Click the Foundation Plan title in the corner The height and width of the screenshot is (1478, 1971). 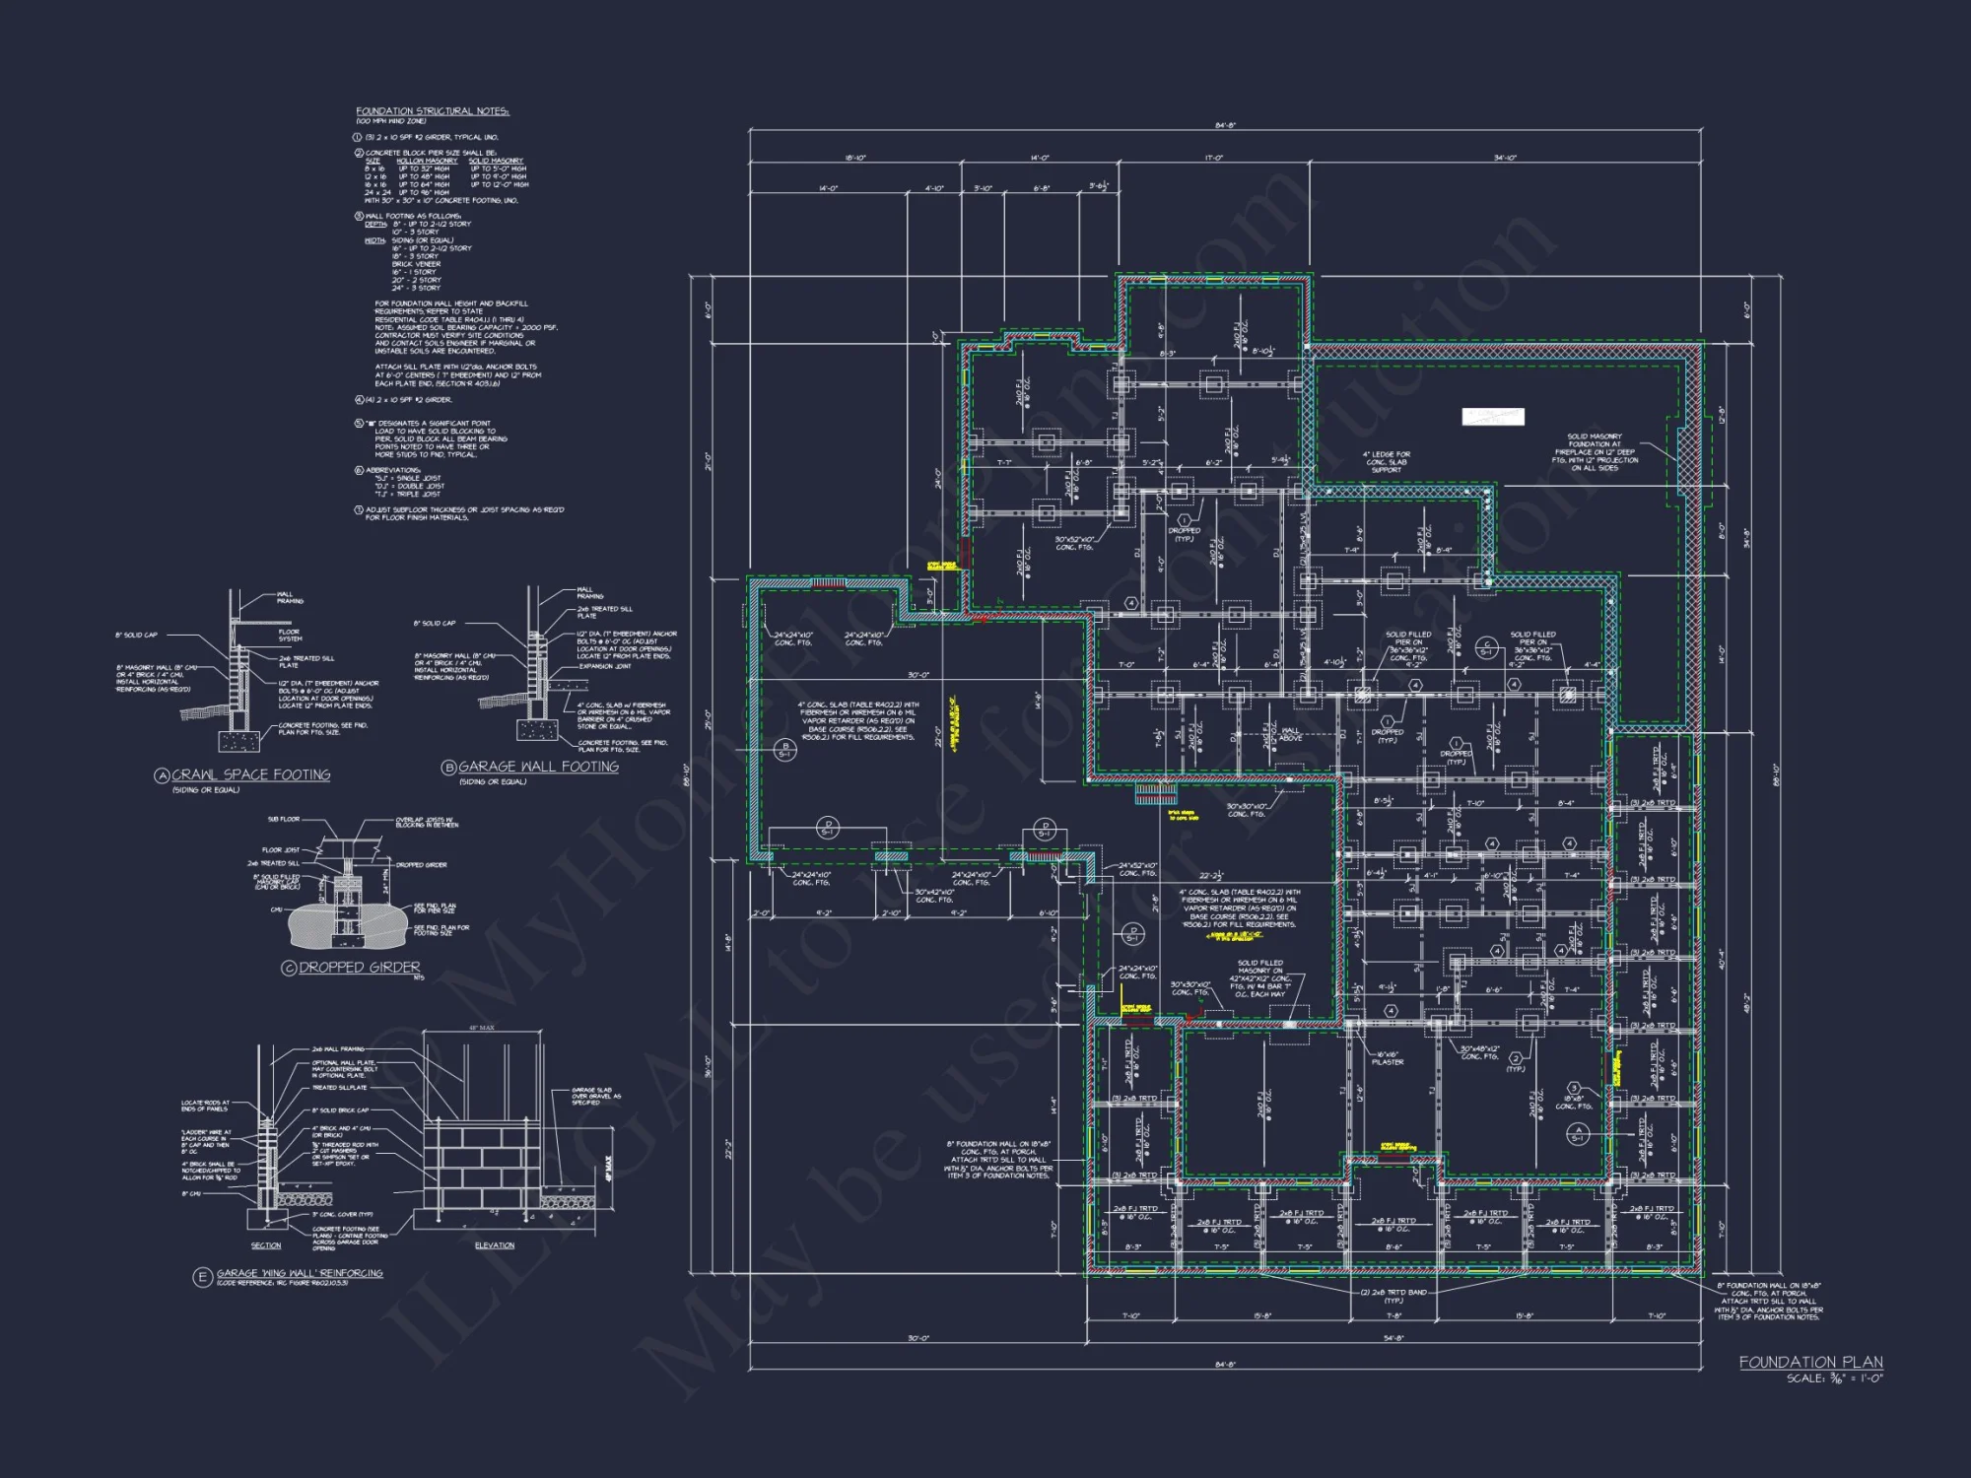pyautogui.click(x=1810, y=1362)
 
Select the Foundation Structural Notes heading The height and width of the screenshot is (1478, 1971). pyautogui.click(x=432, y=111)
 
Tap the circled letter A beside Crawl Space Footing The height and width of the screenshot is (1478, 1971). pyautogui.click(x=163, y=775)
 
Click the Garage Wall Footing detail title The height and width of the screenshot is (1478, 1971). pyautogui.click(x=538, y=767)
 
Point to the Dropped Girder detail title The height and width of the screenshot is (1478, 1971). pyautogui.click(x=359, y=968)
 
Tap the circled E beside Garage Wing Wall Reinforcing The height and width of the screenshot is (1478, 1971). pyautogui.click(x=202, y=1277)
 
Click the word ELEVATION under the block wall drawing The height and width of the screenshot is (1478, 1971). pyautogui.click(x=494, y=1245)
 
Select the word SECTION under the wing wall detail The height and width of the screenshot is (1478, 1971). pyautogui.click(x=265, y=1245)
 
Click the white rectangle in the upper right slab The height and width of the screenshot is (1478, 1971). pyautogui.click(x=1492, y=417)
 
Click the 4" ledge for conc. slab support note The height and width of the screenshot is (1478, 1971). pyautogui.click(x=1386, y=462)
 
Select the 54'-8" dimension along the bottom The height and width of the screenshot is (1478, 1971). pyautogui.click(x=1393, y=1338)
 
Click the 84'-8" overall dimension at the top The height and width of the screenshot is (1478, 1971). pyautogui.click(x=1225, y=126)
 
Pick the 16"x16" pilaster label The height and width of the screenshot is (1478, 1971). pyautogui.click(x=1387, y=1058)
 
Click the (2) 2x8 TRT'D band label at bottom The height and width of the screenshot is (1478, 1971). pyautogui.click(x=1393, y=1296)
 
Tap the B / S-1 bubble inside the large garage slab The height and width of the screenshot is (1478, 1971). pyautogui.click(x=784, y=750)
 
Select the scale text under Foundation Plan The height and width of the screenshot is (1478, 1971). pyautogui.click(x=1834, y=1378)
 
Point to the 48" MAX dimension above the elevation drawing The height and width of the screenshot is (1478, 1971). pyautogui.click(x=481, y=1028)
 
